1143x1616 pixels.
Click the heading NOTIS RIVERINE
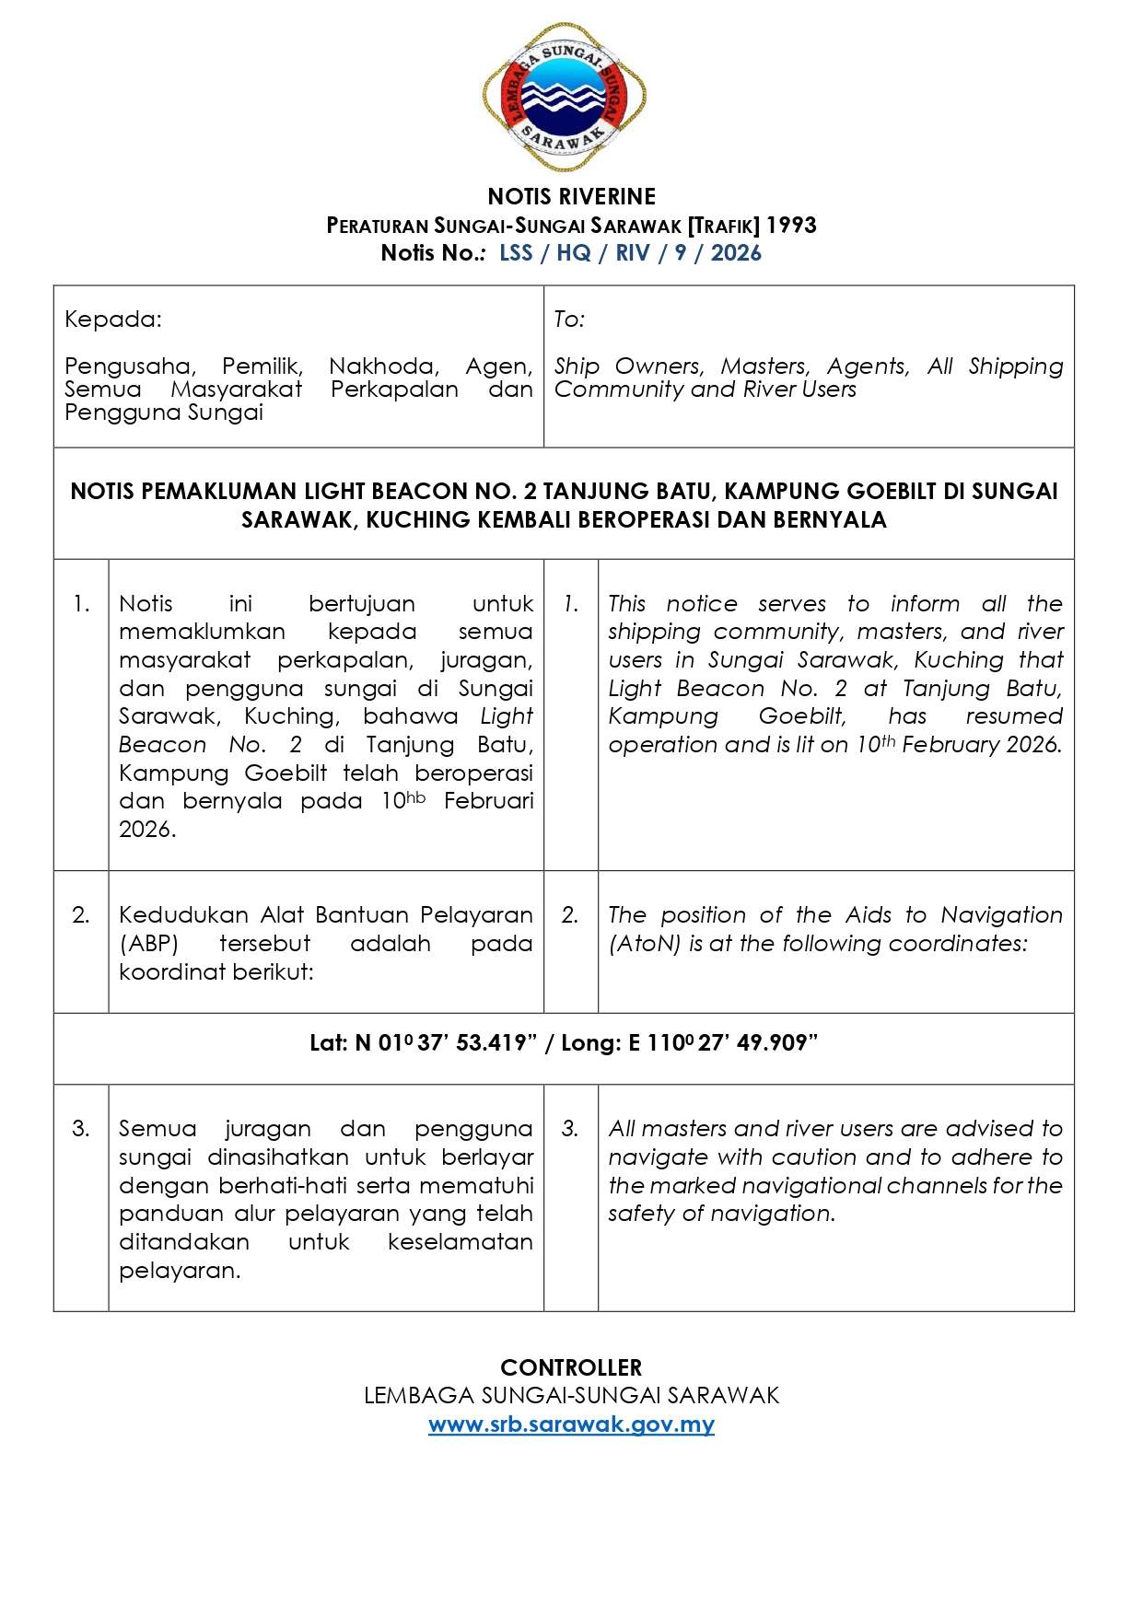[x=571, y=196]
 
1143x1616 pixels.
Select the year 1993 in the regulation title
[x=791, y=225]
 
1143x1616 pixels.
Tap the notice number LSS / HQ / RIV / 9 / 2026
[x=630, y=253]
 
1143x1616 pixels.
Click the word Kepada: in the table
[x=112, y=320]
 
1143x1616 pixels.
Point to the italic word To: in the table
[x=569, y=320]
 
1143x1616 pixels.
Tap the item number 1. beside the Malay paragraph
[x=81, y=604]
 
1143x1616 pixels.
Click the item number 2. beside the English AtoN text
[x=570, y=915]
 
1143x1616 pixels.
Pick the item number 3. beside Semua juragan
[x=81, y=1129]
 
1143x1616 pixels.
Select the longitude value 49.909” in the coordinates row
[x=776, y=1043]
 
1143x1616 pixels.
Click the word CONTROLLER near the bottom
[x=571, y=1367]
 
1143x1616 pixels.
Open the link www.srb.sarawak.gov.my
[x=571, y=1424]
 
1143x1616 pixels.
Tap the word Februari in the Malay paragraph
[x=488, y=801]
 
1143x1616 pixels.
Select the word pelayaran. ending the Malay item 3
[x=180, y=1271]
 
